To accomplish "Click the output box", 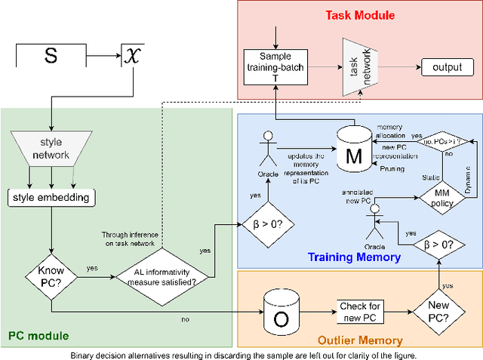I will pyautogui.click(x=447, y=68).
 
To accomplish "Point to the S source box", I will pyautogui.click(x=51, y=54).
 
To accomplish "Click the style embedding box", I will pyautogui.click(x=50, y=198).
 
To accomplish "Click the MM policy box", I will pyautogui.click(x=441, y=195).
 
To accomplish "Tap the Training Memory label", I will pyautogui.click(x=354, y=257).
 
